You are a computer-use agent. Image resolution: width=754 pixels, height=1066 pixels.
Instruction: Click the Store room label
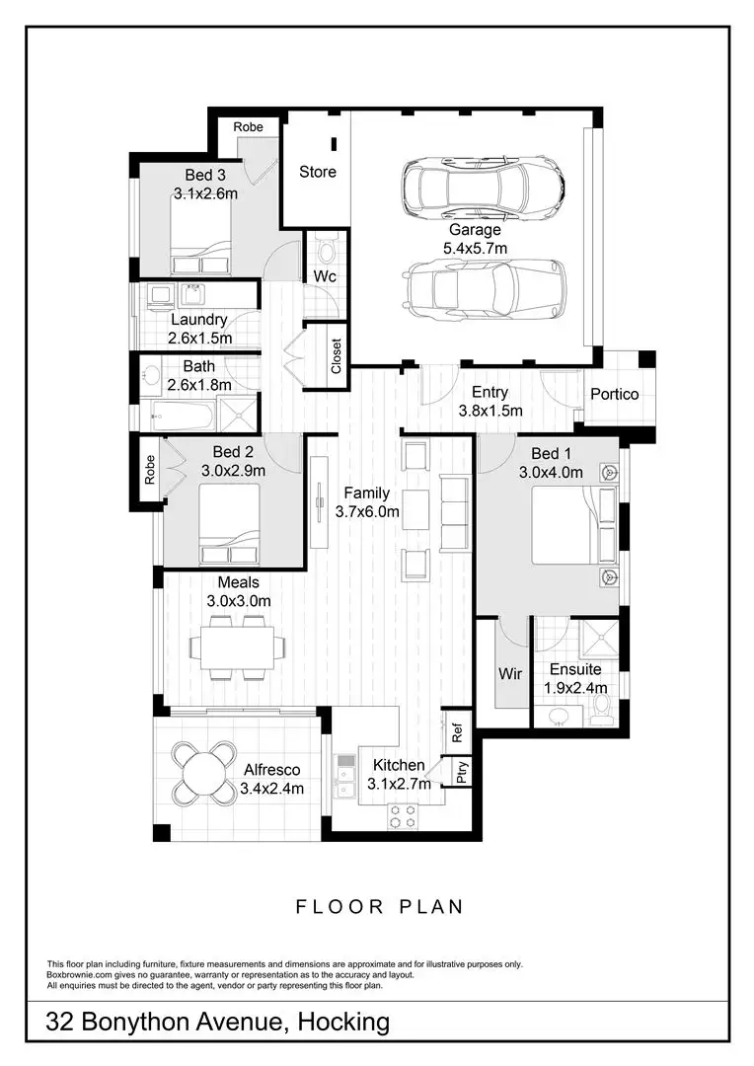point(318,172)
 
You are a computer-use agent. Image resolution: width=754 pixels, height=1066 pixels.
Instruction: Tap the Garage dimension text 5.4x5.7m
point(476,249)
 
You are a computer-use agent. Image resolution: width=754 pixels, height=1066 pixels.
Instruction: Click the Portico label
point(614,394)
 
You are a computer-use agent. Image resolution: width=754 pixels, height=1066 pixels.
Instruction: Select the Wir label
point(509,674)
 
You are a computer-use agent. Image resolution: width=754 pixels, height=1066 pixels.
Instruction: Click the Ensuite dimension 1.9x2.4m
point(575,688)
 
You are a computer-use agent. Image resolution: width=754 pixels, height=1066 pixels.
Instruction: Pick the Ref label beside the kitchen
point(457,733)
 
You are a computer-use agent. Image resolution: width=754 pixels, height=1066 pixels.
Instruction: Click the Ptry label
point(462,770)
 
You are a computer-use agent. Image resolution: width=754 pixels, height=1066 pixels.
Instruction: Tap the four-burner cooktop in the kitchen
point(403,815)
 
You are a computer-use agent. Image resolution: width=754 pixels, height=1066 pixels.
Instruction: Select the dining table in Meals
point(238,647)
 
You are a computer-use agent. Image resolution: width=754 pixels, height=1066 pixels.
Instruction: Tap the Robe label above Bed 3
point(248,127)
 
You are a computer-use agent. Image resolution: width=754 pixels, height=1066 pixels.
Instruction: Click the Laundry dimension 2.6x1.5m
point(200,338)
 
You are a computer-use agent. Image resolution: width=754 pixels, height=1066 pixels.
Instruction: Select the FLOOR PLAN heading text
point(379,906)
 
